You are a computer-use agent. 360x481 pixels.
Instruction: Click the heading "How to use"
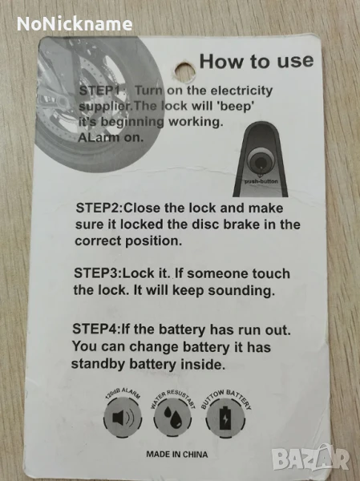pos(257,62)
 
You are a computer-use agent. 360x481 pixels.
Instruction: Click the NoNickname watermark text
pos(75,24)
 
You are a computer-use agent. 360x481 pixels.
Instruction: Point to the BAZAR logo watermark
pos(310,458)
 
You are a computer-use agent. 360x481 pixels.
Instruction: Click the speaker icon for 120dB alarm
pos(123,418)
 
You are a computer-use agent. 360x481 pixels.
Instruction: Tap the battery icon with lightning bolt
pos(225,418)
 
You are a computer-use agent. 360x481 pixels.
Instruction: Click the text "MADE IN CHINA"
pos(176,455)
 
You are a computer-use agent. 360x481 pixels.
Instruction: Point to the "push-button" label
pos(261,181)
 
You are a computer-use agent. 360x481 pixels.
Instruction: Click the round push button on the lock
pos(261,160)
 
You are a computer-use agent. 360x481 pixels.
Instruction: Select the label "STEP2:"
pos(99,208)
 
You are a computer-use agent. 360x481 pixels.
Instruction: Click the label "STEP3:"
pos(98,273)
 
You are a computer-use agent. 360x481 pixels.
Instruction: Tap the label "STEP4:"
pos(97,329)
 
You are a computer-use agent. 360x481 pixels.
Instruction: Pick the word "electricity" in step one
pos(242,91)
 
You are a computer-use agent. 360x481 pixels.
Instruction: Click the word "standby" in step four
pos(98,364)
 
